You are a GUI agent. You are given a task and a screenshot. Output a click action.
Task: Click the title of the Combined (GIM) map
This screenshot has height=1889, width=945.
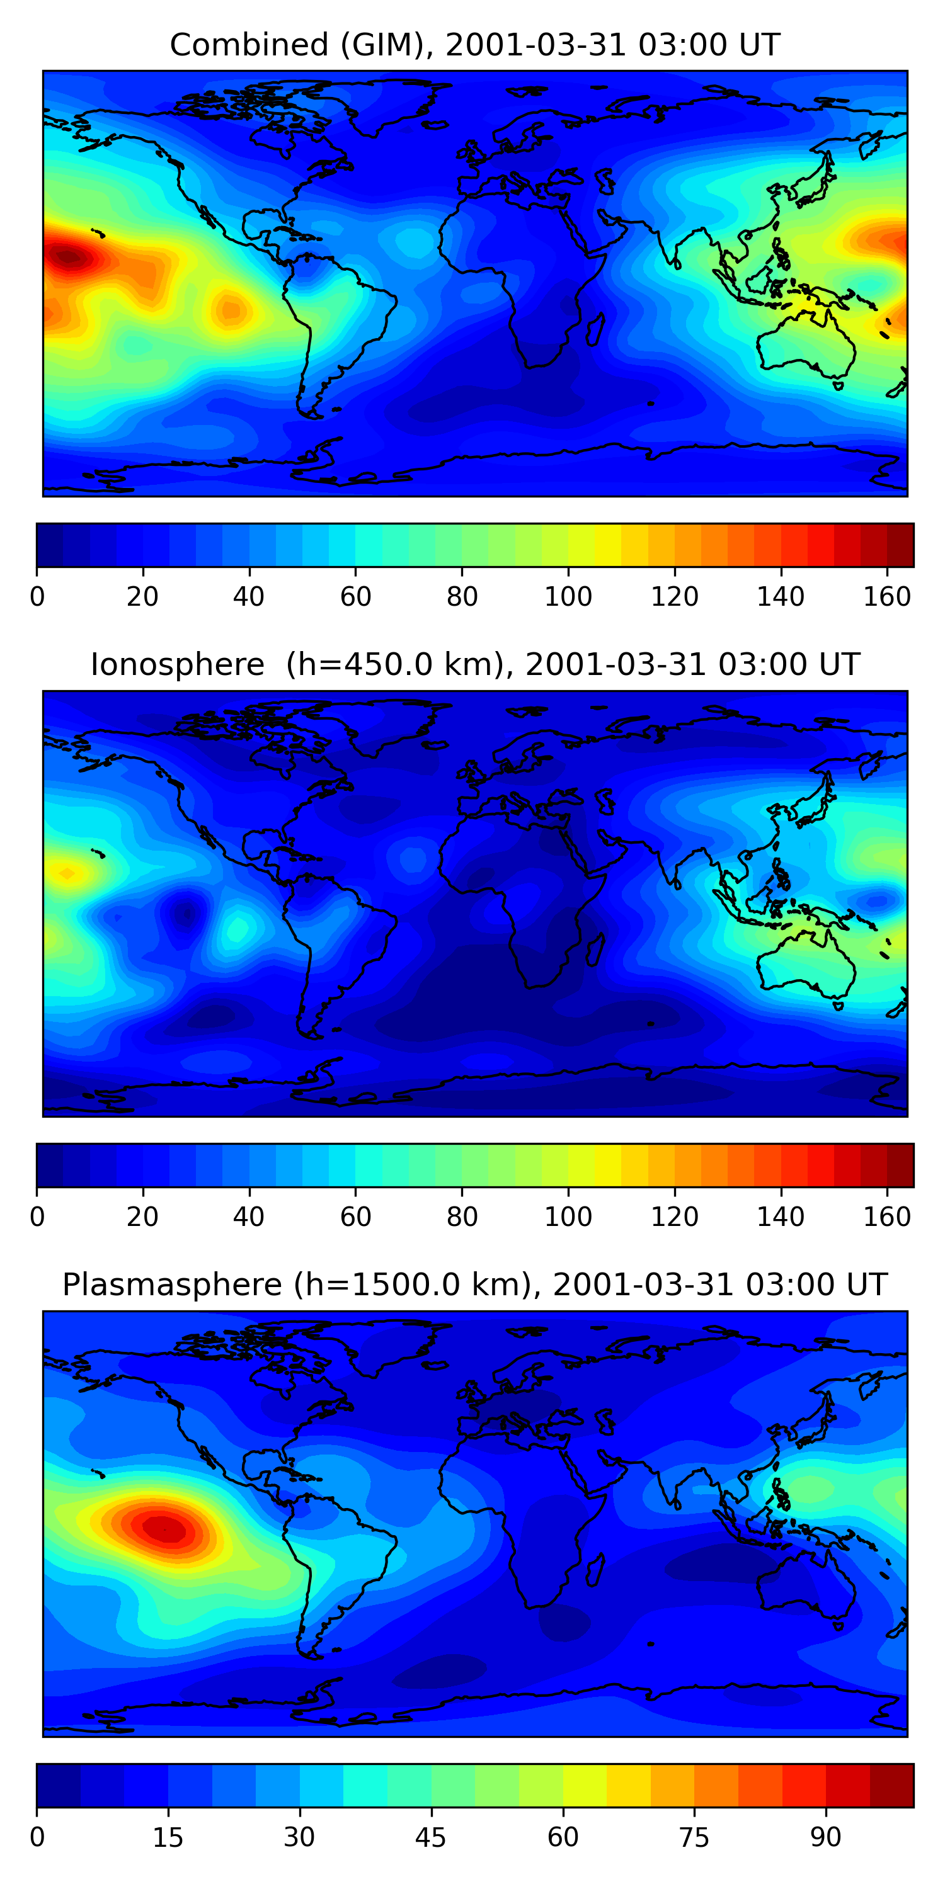tap(474, 45)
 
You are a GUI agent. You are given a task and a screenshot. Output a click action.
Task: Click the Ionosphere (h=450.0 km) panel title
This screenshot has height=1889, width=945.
tap(474, 665)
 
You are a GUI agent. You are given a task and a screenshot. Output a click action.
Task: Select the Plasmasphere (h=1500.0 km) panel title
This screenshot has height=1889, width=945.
tap(474, 1285)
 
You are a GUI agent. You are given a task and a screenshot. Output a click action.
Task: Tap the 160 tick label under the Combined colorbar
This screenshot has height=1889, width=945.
tap(887, 598)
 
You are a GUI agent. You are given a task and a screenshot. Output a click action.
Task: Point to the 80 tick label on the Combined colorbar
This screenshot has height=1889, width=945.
tap(462, 598)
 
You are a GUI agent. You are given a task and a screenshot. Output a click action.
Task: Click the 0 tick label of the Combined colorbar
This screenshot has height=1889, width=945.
tap(37, 598)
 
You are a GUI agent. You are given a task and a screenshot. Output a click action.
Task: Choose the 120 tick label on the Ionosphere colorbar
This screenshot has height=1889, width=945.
tap(674, 1217)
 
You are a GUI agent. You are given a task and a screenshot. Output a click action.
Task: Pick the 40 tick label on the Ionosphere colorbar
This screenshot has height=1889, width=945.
tap(249, 1217)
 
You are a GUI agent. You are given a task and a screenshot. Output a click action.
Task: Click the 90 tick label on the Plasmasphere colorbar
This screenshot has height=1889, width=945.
tap(825, 1837)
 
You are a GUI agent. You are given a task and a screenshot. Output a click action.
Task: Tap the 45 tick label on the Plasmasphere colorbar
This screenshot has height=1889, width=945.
tap(431, 1837)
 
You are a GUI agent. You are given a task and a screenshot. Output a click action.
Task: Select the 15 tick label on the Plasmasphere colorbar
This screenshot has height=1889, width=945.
tap(168, 1837)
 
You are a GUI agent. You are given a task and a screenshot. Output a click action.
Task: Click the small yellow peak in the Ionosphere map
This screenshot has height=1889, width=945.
tap(67, 873)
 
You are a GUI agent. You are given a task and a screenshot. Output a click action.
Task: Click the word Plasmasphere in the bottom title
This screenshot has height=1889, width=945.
tap(172, 1285)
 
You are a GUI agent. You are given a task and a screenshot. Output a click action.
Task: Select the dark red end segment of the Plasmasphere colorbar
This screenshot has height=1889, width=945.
tap(891, 1786)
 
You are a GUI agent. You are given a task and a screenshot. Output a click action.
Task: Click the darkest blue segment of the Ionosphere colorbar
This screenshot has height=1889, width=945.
tap(49, 1166)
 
